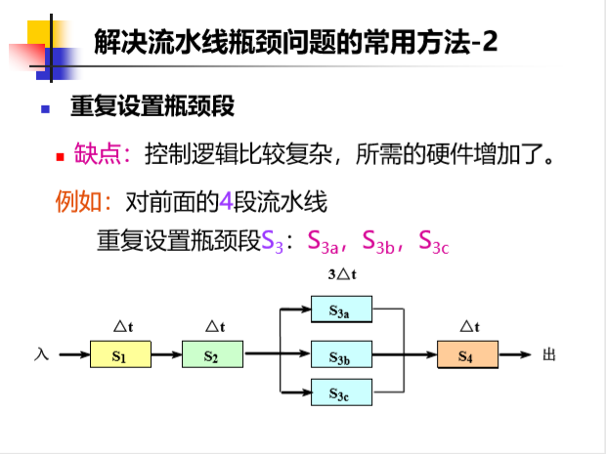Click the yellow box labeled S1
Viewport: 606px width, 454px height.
coord(120,355)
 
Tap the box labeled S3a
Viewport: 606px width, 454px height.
coord(340,311)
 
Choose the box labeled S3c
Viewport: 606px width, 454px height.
coord(340,392)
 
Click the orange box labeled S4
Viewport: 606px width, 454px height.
coord(466,355)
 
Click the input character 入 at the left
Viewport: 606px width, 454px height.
coord(41,355)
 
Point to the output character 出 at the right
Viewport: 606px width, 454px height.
coord(548,355)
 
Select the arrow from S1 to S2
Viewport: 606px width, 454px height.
coord(166,355)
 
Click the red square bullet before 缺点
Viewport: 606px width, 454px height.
coord(60,155)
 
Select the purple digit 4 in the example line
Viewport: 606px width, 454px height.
coord(225,202)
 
